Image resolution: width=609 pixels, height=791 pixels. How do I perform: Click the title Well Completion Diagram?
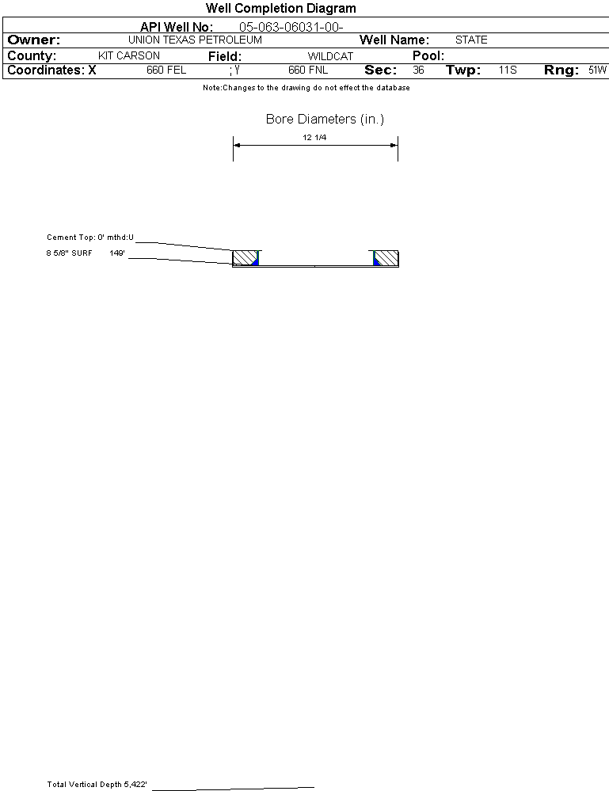point(280,9)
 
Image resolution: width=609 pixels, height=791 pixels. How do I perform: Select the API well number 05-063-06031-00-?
point(291,27)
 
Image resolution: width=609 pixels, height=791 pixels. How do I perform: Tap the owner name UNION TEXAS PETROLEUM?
point(195,40)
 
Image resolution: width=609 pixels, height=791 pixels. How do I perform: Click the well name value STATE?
point(471,40)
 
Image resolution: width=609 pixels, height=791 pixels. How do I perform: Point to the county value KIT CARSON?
point(129,56)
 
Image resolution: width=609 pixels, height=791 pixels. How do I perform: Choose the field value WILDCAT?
point(330,56)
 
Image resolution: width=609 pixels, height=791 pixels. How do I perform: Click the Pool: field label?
point(428,56)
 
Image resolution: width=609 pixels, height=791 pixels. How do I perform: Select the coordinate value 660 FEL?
point(166,70)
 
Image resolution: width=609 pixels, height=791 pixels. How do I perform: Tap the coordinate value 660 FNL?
point(308,70)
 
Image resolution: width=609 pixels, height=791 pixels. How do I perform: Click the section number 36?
point(418,70)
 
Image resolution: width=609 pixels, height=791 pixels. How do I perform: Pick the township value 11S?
point(508,70)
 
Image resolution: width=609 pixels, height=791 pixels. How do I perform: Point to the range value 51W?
point(597,70)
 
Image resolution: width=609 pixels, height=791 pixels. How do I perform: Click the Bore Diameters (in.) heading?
point(325,120)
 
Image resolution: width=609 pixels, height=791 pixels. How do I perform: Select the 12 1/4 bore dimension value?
point(314,137)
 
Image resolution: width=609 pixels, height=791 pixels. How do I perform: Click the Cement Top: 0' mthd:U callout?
point(90,237)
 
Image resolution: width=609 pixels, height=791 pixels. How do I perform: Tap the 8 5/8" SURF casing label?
point(70,253)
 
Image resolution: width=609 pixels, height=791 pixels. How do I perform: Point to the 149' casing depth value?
point(117,253)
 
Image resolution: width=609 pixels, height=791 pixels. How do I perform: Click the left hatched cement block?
point(245,258)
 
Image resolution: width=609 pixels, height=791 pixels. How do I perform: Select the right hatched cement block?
point(386,258)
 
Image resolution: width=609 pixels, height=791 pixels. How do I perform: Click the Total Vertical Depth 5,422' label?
point(97,785)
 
